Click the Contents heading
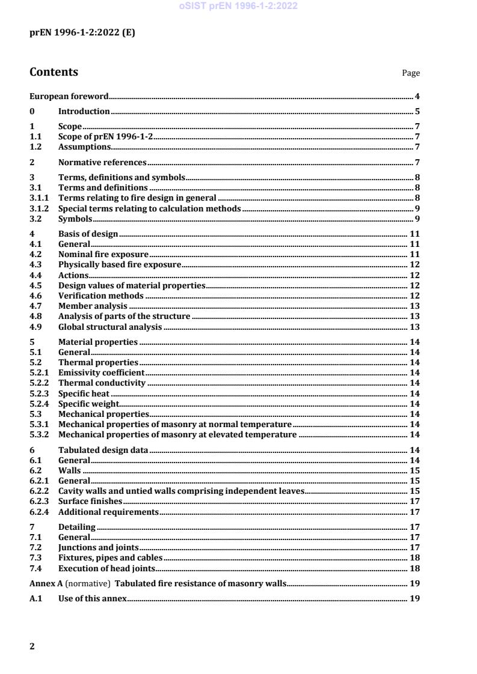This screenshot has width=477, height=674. pyautogui.click(x=54, y=72)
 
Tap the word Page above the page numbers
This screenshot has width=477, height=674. pyautogui.click(x=411, y=73)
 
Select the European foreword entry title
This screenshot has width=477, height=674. pyautogui.click(x=69, y=96)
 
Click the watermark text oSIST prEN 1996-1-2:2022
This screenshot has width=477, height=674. pyautogui.click(x=238, y=7)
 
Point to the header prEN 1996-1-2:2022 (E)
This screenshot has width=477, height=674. pyautogui.click(x=82, y=34)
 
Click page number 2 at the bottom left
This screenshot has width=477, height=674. pyautogui.click(x=32, y=646)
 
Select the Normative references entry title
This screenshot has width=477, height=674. pyautogui.click(x=102, y=162)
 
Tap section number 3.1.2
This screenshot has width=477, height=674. pyautogui.click(x=40, y=208)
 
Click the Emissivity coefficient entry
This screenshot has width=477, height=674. pyautogui.click(x=101, y=372)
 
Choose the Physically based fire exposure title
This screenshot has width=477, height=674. pyautogui.click(x=120, y=265)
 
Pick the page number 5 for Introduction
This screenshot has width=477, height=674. pyautogui.click(x=417, y=111)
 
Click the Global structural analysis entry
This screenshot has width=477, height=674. pyautogui.click(x=110, y=327)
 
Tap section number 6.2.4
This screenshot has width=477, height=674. pyautogui.click(x=40, y=512)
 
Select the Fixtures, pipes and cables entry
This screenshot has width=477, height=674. pyautogui.click(x=110, y=557)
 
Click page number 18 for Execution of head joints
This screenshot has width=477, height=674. pyautogui.click(x=414, y=568)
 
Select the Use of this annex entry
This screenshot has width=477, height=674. pyautogui.click(x=92, y=599)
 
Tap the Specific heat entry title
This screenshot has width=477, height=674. pyautogui.click(x=84, y=393)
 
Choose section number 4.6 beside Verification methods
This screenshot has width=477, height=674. pyautogui.click(x=35, y=296)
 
